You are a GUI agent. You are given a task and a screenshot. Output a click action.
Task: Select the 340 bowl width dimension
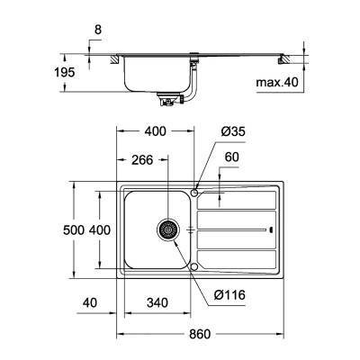(x=157, y=303)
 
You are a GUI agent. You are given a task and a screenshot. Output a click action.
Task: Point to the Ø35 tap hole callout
(x=233, y=132)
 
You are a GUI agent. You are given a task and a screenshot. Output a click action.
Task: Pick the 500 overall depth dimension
(x=76, y=231)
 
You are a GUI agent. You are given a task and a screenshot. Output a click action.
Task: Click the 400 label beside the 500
(x=100, y=231)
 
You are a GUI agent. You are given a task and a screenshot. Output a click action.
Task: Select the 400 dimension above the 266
(x=156, y=132)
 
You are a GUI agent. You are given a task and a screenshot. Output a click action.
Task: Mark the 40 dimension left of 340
(x=87, y=303)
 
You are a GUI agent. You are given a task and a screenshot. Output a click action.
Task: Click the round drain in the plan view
(x=166, y=230)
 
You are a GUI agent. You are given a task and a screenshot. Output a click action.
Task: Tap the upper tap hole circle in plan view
(x=194, y=192)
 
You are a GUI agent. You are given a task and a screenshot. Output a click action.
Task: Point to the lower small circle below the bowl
(x=194, y=266)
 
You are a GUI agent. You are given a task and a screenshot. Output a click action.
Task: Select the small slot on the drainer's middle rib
(x=270, y=230)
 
